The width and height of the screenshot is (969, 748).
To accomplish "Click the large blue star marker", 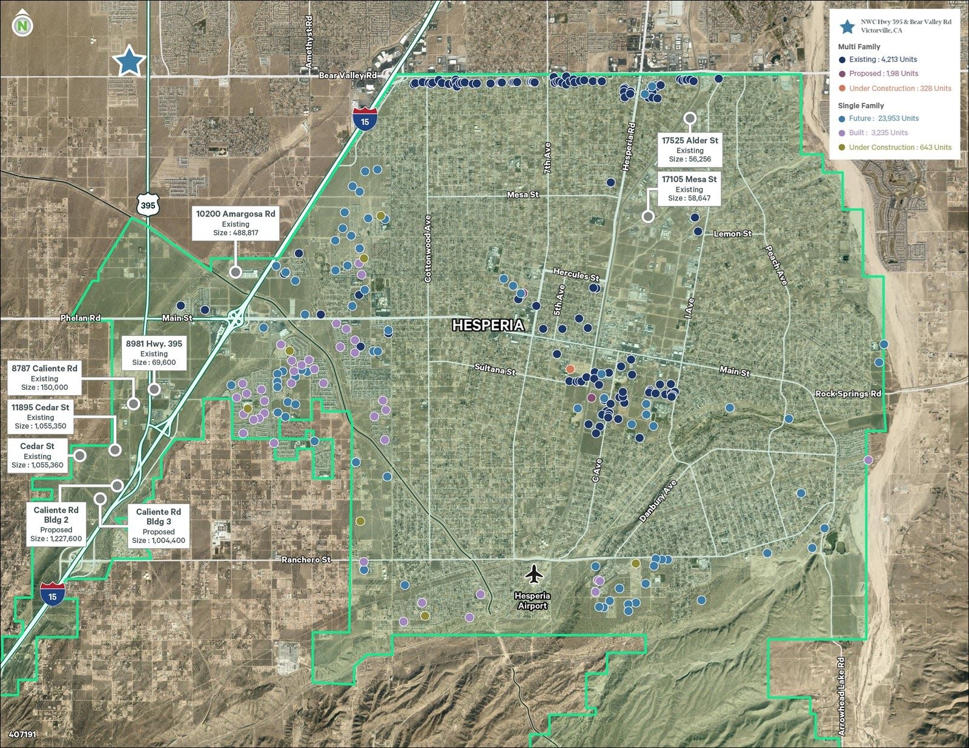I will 129,61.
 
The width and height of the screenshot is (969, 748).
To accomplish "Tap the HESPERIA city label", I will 488,326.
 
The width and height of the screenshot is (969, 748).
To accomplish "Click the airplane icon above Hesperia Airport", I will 533,574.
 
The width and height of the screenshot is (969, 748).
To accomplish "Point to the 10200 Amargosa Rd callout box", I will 235,223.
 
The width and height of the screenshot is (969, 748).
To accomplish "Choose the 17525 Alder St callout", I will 689,149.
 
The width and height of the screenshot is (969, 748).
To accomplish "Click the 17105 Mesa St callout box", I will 689,188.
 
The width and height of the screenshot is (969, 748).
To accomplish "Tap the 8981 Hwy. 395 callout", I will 154,353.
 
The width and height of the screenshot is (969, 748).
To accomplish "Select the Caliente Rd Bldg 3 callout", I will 158,526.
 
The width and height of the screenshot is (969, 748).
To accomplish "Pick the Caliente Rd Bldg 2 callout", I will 56,524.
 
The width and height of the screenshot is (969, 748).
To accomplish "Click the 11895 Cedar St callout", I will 40,417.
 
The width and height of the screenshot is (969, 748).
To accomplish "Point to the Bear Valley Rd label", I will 348,75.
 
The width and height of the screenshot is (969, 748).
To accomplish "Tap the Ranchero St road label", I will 306,560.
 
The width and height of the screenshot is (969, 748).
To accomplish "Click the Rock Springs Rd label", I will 848,393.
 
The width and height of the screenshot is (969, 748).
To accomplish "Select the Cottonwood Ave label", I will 428,249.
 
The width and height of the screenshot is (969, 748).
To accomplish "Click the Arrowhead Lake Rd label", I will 841,696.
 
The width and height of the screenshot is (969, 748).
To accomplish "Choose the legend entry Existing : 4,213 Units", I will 882,59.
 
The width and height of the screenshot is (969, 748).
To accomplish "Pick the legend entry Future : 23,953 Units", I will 883,119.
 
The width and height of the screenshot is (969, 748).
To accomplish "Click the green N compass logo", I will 22,25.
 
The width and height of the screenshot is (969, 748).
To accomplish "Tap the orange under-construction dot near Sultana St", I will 570,369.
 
